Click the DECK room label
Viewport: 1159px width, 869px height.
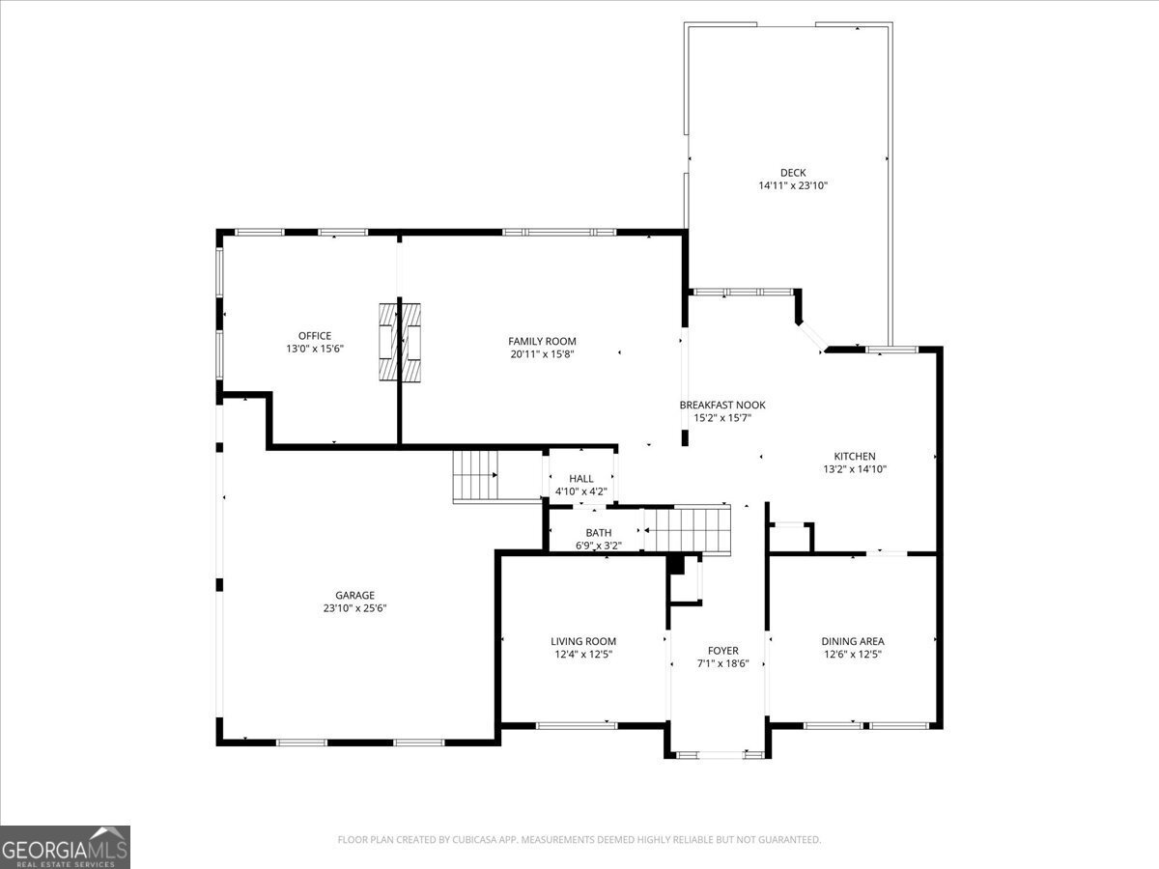coord(793,173)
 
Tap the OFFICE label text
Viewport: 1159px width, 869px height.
coord(315,336)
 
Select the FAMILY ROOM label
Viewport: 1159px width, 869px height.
coord(542,341)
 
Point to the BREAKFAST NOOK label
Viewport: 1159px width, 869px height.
coord(722,406)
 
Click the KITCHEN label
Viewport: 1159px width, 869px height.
coord(855,457)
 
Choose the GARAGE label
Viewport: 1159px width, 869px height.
coord(354,596)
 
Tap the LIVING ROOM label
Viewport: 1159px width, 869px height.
coord(583,641)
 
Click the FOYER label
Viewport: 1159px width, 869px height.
coord(722,651)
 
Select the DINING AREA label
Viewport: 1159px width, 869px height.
coord(853,641)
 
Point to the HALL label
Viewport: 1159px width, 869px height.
coord(581,479)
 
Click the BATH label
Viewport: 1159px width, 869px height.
coord(598,533)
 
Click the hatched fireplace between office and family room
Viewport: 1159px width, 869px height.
coord(399,342)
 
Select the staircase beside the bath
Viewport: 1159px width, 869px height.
coord(688,529)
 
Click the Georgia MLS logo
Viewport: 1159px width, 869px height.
coord(65,847)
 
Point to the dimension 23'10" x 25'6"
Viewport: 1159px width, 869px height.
coord(354,608)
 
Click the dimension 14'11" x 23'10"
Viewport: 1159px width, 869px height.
coord(793,185)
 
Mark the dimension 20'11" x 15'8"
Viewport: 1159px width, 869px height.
coord(542,354)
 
